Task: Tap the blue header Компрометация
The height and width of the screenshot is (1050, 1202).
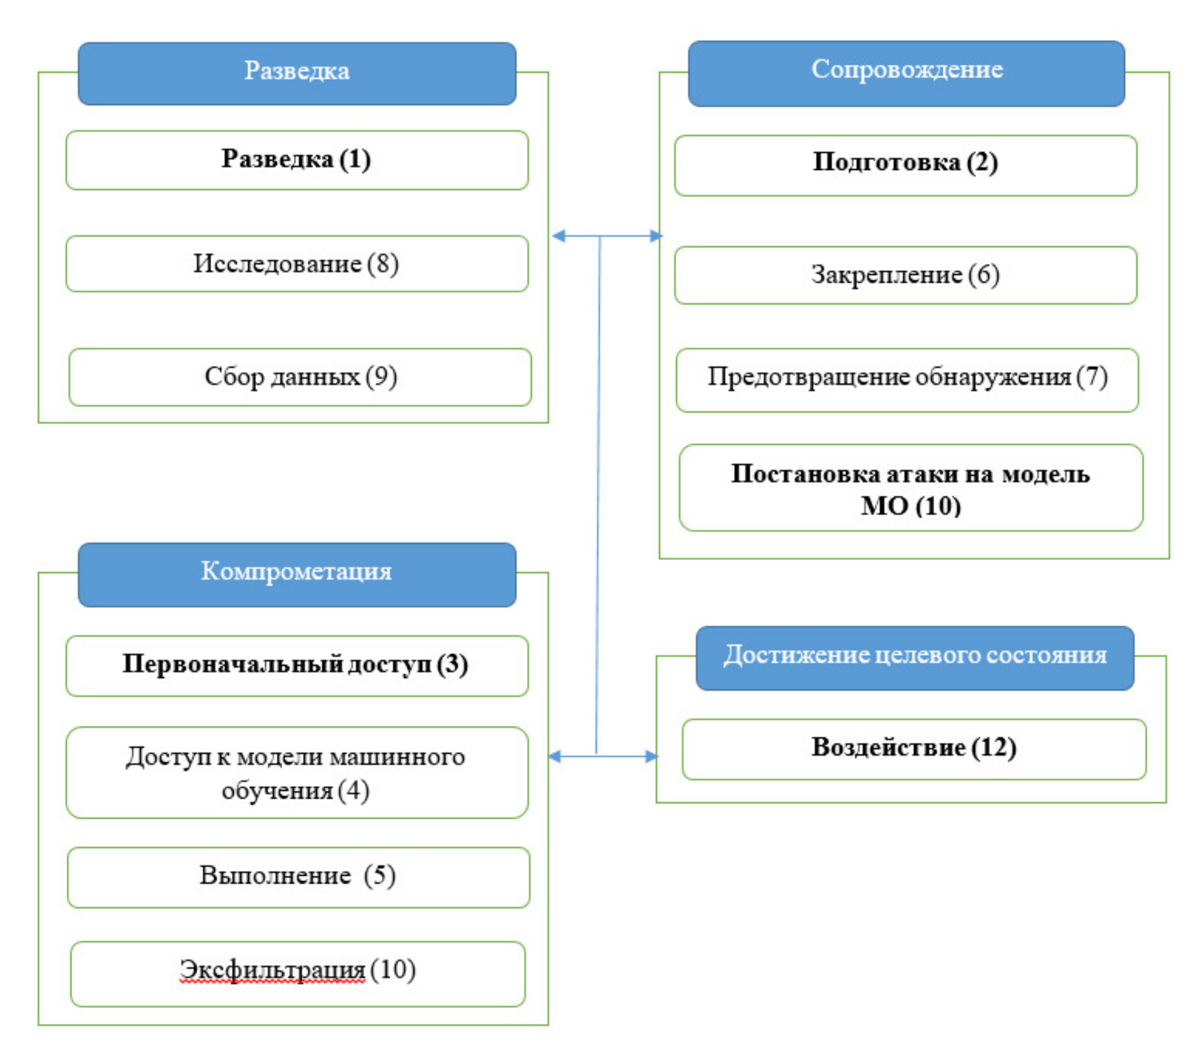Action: click(x=297, y=574)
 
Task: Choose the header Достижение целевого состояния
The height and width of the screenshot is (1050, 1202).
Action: click(x=914, y=657)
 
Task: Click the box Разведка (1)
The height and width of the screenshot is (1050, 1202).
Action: click(x=297, y=160)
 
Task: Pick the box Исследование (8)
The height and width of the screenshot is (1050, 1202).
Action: click(x=297, y=264)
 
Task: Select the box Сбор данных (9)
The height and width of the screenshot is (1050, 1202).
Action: click(x=300, y=377)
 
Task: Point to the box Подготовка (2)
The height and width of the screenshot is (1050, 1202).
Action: click(x=905, y=165)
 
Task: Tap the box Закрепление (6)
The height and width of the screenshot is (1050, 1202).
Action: click(x=905, y=275)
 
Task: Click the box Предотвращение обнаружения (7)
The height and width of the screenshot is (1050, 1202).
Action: click(x=906, y=379)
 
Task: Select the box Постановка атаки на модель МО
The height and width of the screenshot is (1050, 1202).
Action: click(x=910, y=487)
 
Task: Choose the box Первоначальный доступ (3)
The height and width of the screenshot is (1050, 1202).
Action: click(x=297, y=666)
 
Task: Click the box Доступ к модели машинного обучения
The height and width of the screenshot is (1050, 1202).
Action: click(x=297, y=772)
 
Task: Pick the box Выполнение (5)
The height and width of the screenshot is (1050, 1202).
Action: click(x=298, y=876)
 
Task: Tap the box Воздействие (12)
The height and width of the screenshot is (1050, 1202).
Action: click(x=913, y=749)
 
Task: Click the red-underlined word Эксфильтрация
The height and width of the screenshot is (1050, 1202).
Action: click(x=272, y=970)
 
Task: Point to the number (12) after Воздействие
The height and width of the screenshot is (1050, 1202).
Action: click(x=993, y=748)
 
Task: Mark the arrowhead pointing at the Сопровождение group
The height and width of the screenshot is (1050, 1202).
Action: click(x=655, y=236)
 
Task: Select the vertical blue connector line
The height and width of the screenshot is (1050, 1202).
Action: click(x=598, y=493)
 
